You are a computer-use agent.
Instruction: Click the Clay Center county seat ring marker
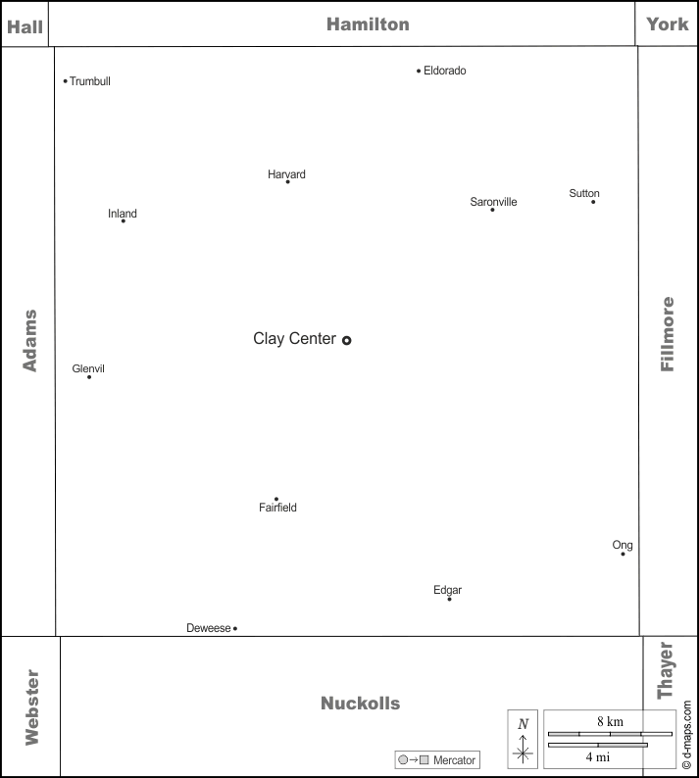click(346, 340)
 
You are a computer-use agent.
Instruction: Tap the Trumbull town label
click(90, 81)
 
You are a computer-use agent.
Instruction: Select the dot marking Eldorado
click(419, 71)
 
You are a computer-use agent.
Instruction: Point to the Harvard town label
click(286, 174)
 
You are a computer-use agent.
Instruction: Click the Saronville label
click(493, 202)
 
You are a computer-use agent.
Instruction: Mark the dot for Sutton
click(593, 202)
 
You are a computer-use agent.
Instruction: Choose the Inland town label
click(123, 214)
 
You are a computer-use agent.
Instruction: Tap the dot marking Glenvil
click(89, 377)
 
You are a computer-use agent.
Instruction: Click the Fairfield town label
click(278, 508)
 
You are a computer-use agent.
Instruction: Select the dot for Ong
click(624, 554)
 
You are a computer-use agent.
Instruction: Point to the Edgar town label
click(447, 590)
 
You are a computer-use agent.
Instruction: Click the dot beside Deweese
click(235, 629)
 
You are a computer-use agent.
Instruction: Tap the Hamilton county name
click(368, 24)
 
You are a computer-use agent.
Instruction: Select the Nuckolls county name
click(361, 704)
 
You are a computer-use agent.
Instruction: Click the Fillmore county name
click(668, 334)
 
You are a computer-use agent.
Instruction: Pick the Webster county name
click(32, 707)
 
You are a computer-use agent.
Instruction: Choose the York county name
click(668, 24)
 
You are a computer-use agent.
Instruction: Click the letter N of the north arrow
click(524, 724)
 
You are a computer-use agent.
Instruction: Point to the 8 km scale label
click(610, 721)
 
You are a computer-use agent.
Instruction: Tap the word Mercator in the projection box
click(454, 760)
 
